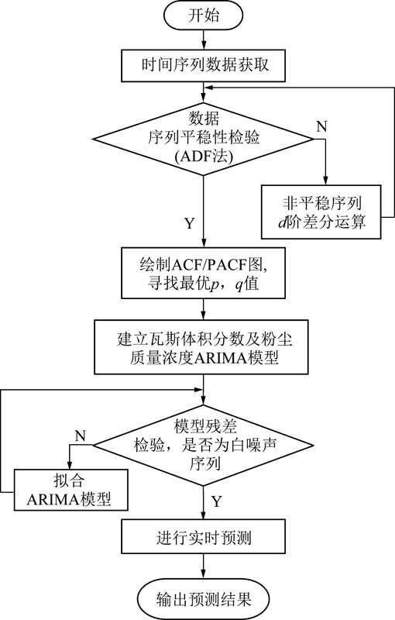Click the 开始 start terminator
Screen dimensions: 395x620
[203, 16]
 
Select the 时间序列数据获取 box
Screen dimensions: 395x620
[203, 65]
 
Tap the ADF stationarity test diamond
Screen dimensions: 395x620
[203, 139]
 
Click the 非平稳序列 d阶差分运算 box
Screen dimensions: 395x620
[321, 212]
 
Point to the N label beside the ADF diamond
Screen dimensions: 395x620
[322, 126]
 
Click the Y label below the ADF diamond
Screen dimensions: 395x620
[190, 223]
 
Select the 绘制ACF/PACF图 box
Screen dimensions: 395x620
[203, 273]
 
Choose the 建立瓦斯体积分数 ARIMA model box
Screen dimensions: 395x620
[201, 346]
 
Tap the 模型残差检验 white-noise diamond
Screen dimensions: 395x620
[203, 445]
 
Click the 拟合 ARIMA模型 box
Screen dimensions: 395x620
[71, 490]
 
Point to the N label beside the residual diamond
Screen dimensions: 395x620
[81, 436]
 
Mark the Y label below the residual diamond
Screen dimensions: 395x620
[216, 501]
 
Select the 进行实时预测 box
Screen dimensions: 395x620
[203, 536]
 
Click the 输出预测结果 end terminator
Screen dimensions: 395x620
[203, 599]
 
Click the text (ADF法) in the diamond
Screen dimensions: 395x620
[203, 157]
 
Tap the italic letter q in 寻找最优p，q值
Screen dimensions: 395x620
[239, 285]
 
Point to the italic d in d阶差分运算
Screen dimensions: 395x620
[282, 222]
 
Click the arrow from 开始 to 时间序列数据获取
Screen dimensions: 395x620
[204, 40]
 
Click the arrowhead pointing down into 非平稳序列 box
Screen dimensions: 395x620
[326, 181]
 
